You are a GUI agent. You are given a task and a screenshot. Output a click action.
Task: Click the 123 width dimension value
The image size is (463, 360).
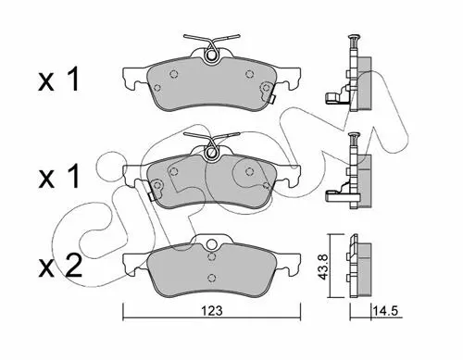point(213,311)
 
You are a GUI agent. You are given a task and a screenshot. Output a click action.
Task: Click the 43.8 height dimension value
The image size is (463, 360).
point(323,267)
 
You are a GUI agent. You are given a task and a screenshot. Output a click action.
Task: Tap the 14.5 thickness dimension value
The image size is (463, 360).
point(385,310)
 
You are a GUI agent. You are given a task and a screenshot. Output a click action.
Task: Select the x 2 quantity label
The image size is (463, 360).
point(60,266)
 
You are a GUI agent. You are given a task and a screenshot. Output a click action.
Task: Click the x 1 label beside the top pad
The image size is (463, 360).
point(58,80)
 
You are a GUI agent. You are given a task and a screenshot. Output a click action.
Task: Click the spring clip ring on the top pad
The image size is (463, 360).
point(211,55)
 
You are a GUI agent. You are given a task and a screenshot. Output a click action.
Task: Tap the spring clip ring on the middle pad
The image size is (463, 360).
point(211,152)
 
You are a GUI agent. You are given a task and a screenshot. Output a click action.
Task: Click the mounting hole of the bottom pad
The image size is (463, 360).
point(211,244)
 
